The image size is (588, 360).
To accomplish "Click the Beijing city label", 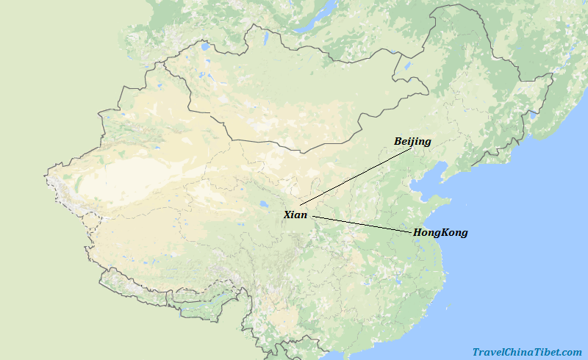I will [412, 141].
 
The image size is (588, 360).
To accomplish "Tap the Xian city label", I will [295, 215].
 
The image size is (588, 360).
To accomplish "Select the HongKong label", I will [440, 233].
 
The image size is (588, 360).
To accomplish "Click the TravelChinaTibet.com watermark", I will [527, 353].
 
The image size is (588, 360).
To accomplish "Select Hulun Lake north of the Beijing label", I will [407, 73].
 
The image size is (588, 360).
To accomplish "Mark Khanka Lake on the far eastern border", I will [534, 115].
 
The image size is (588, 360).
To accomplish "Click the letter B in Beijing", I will [398, 141].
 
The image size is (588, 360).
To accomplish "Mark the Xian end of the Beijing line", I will [301, 204].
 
